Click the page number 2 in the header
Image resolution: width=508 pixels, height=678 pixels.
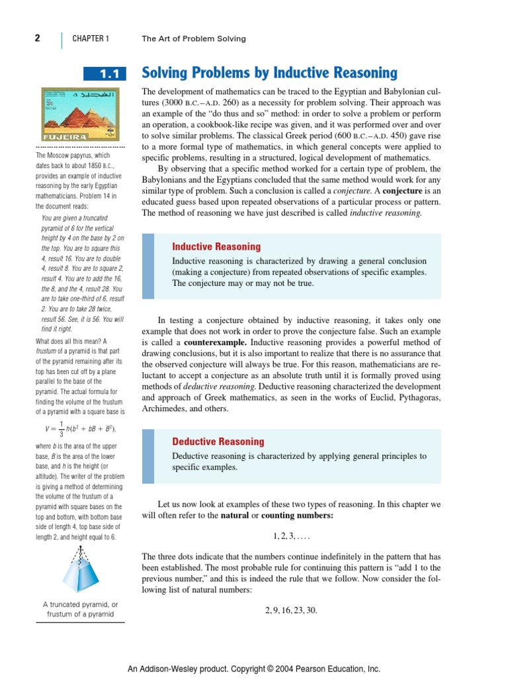pos(38,38)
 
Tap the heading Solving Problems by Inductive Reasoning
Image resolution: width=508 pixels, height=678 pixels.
pos(270,73)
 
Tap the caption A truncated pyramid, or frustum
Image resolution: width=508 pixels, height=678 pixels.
pos(80,609)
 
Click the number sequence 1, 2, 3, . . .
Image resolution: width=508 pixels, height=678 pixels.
pos(291,534)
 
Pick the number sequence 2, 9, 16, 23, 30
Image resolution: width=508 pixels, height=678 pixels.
pos(291,610)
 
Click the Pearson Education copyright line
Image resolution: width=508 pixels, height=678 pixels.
pos(254,668)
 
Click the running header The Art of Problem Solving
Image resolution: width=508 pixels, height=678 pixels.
pos(193,39)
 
